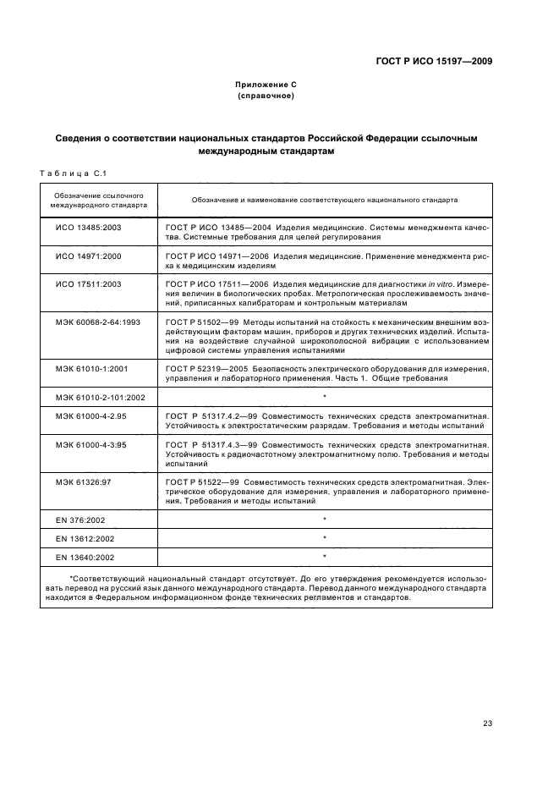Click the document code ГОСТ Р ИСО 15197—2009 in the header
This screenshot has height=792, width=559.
click(434, 61)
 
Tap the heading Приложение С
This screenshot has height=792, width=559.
click(266, 85)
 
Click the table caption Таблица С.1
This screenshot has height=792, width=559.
click(71, 173)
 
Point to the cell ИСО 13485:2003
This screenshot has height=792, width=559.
click(89, 228)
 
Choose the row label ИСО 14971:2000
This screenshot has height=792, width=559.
click(89, 256)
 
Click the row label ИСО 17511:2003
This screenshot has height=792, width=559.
click(89, 283)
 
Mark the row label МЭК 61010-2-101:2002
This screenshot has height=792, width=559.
click(101, 396)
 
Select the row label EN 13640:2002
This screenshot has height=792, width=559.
click(87, 557)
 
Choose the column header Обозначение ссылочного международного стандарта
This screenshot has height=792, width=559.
click(99, 200)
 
